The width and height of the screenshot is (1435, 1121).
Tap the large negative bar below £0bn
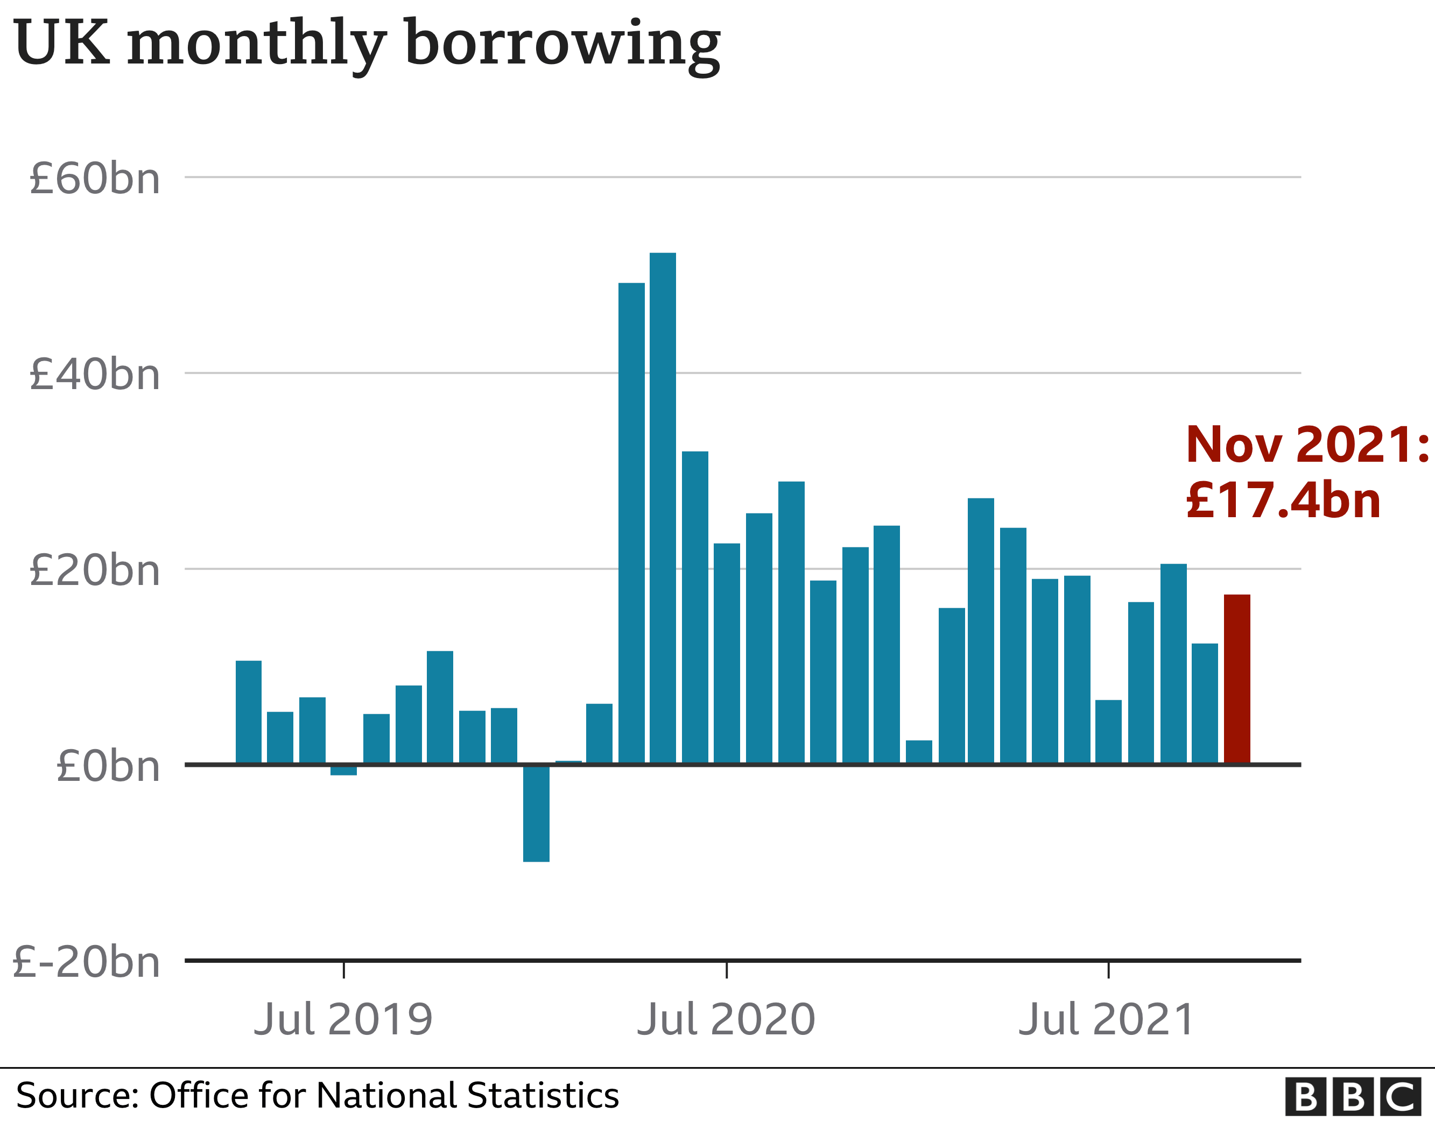536,814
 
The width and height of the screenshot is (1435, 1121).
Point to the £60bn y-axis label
95,179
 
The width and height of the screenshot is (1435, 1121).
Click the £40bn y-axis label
95,375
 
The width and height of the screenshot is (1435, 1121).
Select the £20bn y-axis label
95,570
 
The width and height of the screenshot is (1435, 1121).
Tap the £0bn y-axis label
108,766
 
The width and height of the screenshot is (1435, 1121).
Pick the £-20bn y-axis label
86,962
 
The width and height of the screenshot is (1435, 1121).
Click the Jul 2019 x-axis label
343,1020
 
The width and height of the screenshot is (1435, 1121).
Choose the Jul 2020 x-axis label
726,1020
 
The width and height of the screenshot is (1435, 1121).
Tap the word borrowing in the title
563,45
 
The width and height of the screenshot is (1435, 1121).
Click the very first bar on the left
248,713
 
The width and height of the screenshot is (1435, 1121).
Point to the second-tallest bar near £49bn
631,523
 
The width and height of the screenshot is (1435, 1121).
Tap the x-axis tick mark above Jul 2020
726,970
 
